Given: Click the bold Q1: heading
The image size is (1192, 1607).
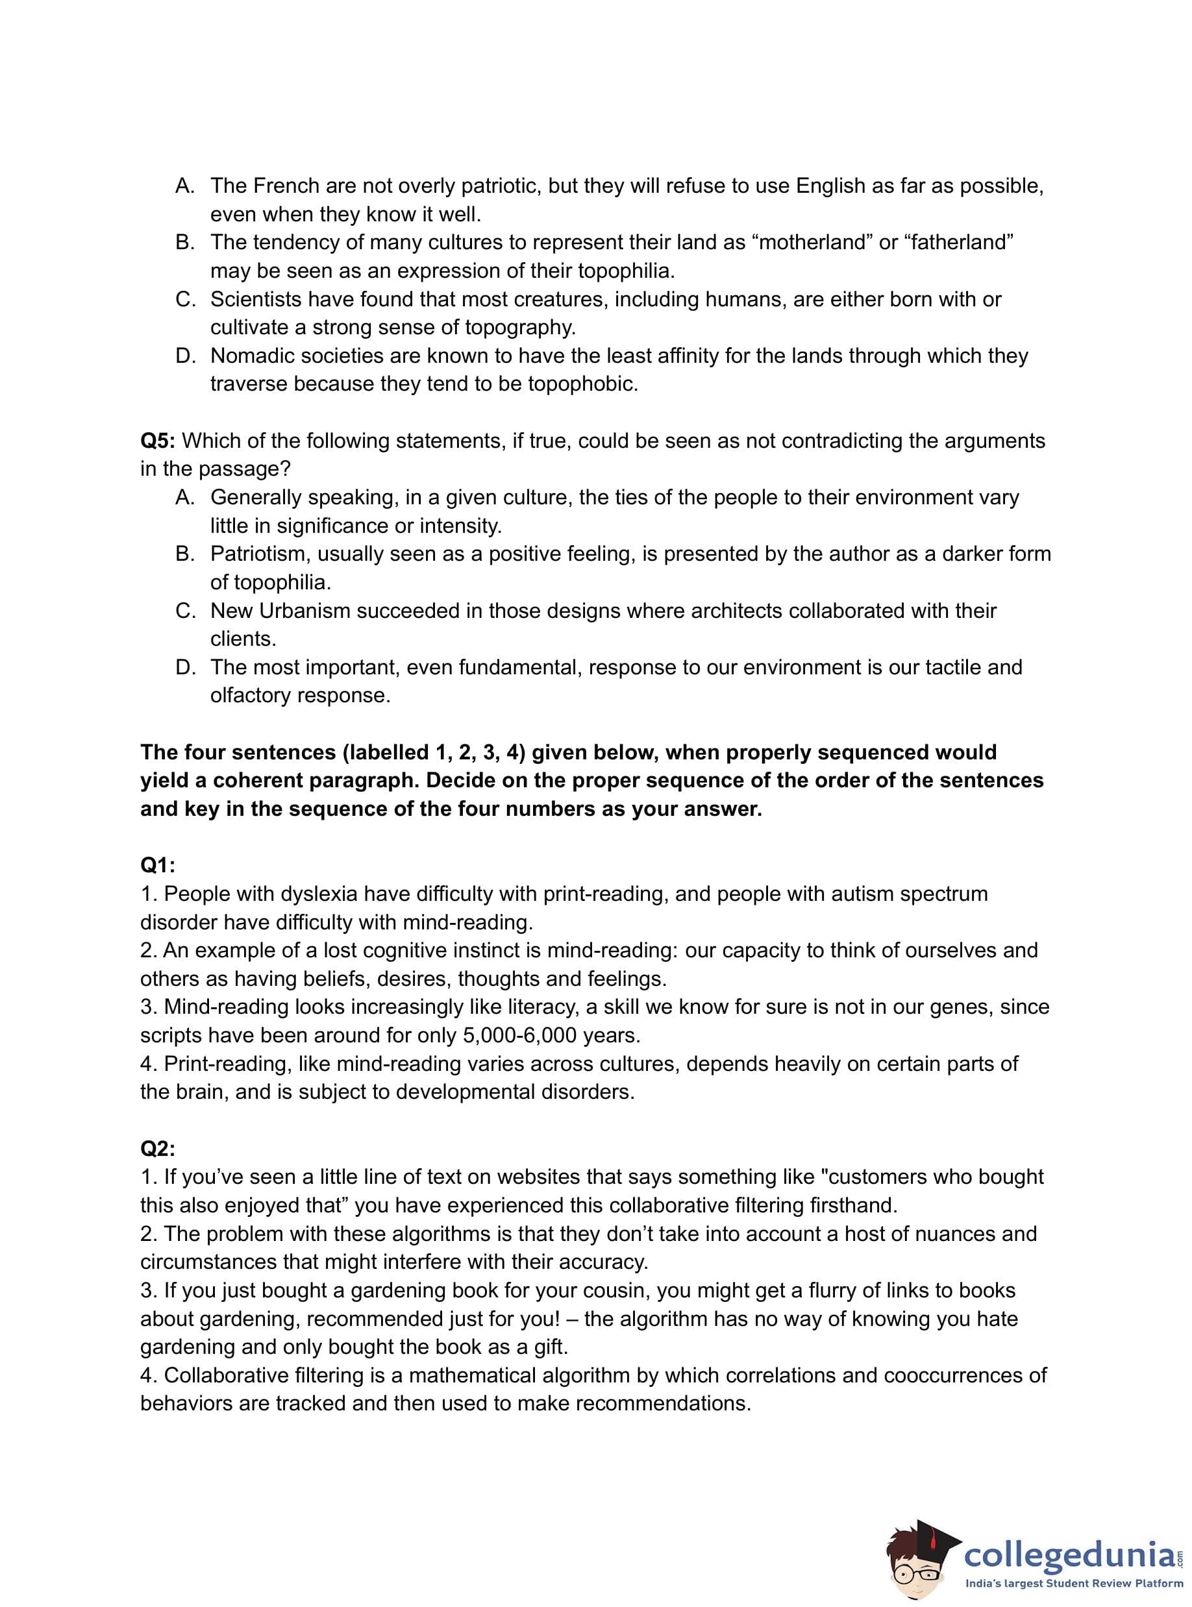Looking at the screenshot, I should pyautogui.click(x=157, y=866).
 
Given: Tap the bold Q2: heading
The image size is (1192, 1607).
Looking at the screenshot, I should pyautogui.click(x=157, y=1148).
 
